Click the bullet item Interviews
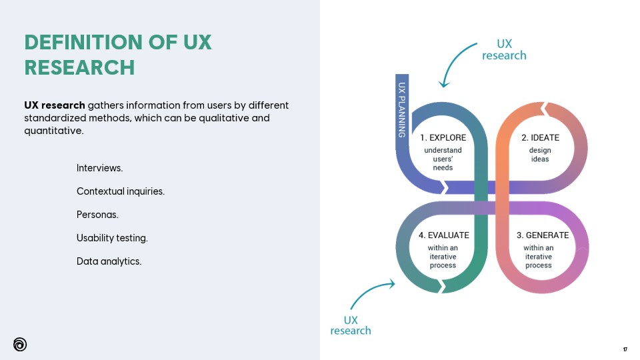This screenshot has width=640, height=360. click(x=99, y=168)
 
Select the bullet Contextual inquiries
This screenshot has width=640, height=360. click(x=120, y=191)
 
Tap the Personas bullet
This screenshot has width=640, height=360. click(x=97, y=215)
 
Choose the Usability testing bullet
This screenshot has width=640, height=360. click(x=112, y=238)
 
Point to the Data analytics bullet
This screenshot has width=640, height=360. click(x=109, y=261)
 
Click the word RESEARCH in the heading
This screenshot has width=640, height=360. click(x=79, y=67)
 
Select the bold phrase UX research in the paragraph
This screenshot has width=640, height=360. click(x=55, y=105)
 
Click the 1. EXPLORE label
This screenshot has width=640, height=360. click(x=443, y=138)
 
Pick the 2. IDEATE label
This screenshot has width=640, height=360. click(x=540, y=138)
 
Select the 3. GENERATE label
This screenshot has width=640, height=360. click(x=543, y=235)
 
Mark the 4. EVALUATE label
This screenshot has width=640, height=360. click(x=443, y=235)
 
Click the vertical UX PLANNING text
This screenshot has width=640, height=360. click(x=402, y=109)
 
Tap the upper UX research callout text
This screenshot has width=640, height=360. click(x=504, y=49)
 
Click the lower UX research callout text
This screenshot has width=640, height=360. click(x=351, y=325)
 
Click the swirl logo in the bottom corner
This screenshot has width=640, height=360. click(x=20, y=344)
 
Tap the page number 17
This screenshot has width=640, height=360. click(x=625, y=349)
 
